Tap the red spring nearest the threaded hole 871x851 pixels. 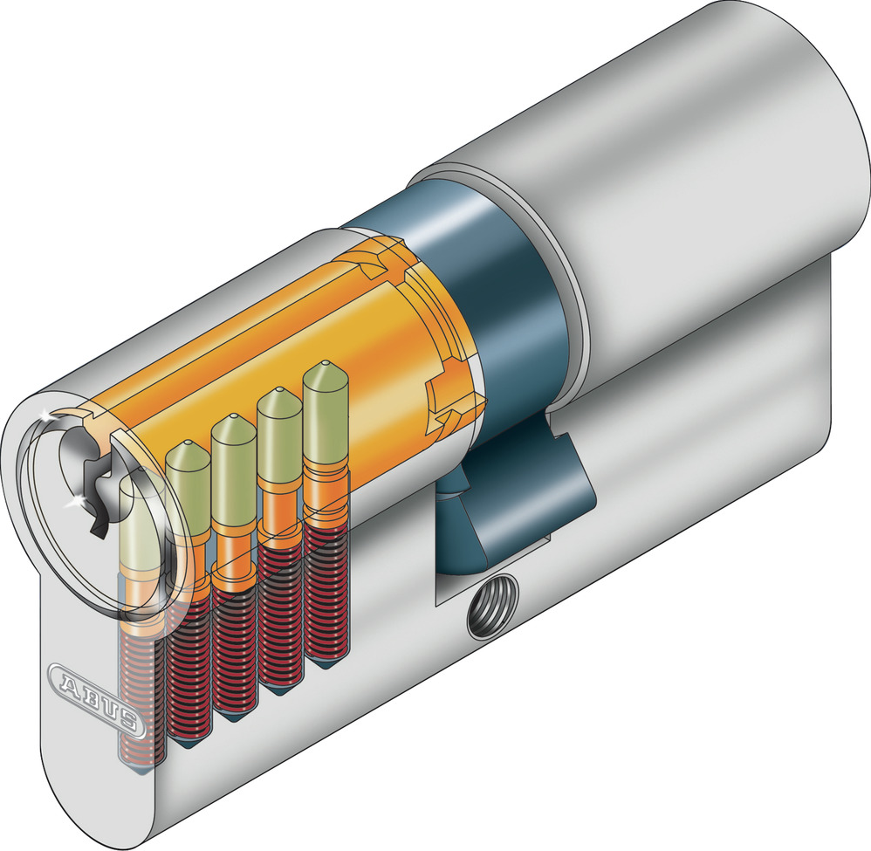325,594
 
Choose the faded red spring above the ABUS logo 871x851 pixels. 140,690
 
